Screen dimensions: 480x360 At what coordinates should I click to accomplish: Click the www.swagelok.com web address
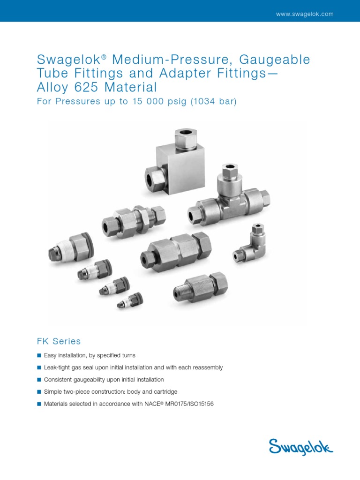click(x=305, y=14)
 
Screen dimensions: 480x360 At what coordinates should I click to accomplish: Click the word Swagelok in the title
click(x=68, y=60)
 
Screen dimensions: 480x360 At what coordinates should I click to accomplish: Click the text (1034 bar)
click(x=213, y=102)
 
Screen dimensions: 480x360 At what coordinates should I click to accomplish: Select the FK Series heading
click(x=59, y=341)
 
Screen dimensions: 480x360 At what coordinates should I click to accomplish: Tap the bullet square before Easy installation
click(x=39, y=356)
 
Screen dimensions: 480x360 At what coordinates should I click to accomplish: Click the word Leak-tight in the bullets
click(x=56, y=367)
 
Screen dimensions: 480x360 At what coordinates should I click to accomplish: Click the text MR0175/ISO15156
click(x=192, y=404)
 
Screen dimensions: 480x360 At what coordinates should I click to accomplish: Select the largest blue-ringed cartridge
click(x=70, y=248)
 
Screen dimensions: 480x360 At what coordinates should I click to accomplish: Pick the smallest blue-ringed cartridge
click(x=130, y=300)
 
